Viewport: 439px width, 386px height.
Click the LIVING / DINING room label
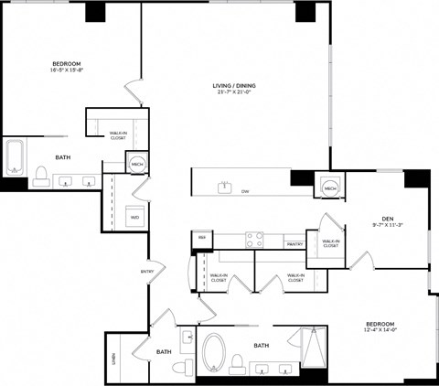tap(223, 86)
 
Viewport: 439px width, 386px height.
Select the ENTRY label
tap(146, 271)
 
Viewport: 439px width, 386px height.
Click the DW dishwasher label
tap(245, 191)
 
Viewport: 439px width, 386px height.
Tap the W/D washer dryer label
tap(134, 218)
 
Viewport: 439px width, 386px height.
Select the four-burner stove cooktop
tap(254, 240)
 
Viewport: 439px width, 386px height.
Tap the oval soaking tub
tap(216, 353)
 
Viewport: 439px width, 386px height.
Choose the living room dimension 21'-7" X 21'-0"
tap(223, 93)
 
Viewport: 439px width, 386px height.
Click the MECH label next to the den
tap(330, 188)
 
